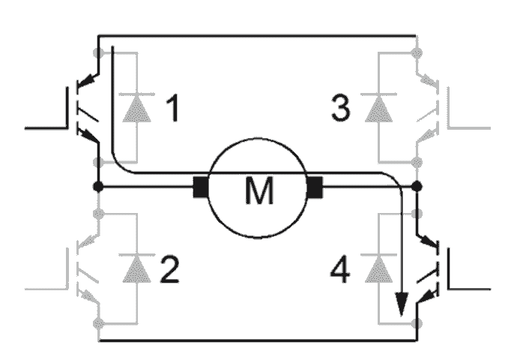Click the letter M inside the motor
260,192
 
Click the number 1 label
172,109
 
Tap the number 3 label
341,109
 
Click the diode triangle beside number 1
137,109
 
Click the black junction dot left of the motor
97,186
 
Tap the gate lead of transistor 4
472,287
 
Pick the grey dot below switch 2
97,323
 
